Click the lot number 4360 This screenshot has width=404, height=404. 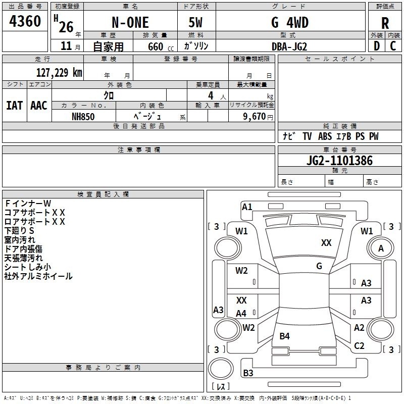(25, 22)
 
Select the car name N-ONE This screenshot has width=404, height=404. (129, 23)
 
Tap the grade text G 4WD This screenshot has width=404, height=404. (290, 23)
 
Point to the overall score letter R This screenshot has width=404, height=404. (385, 23)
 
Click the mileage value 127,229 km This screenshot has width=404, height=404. (59, 72)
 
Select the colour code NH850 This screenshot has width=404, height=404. (83, 116)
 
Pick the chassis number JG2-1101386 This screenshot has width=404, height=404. (339, 161)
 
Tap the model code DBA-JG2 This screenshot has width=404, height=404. (289, 46)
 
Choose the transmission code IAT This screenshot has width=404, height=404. (14, 105)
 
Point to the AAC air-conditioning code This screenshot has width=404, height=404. (39, 105)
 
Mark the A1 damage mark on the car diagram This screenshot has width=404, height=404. (247, 207)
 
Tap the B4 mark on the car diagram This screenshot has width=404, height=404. (284, 336)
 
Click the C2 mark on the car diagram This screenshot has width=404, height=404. (359, 346)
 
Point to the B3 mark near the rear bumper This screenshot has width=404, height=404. (248, 373)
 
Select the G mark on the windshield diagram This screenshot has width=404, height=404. (319, 266)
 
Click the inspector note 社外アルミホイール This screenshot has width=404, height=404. (38, 276)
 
